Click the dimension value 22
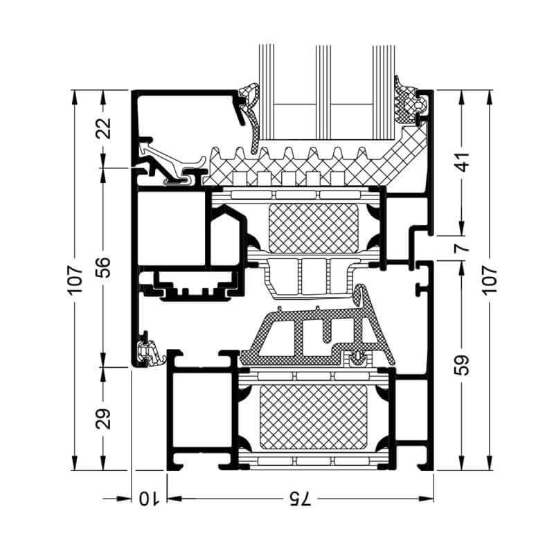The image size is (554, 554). (103, 129)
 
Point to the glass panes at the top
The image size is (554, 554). (325, 90)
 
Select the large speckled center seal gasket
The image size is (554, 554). (312, 336)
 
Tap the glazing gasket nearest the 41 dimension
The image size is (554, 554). (409, 104)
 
